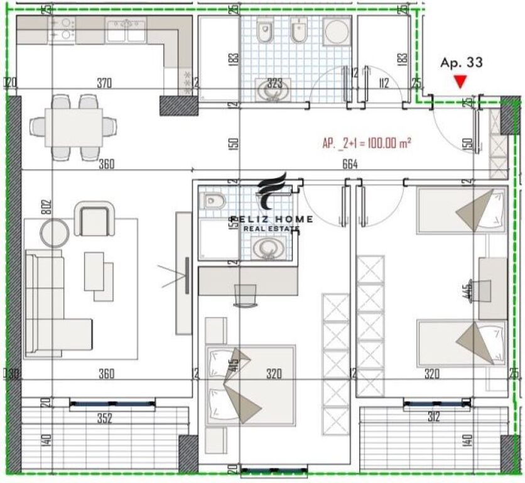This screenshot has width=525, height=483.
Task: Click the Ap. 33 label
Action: [x=461, y=62]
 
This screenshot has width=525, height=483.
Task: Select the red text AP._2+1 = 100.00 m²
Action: [x=367, y=143]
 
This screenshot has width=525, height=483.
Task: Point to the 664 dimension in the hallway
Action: [x=350, y=164]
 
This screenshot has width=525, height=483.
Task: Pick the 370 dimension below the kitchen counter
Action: [x=104, y=82]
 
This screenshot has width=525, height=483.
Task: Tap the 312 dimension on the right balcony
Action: [x=433, y=417]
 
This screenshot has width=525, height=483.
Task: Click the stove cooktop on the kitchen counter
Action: [x=62, y=29]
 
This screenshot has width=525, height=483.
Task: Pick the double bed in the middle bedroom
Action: [x=250, y=385]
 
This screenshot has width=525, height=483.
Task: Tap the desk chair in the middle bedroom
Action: [x=245, y=294]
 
